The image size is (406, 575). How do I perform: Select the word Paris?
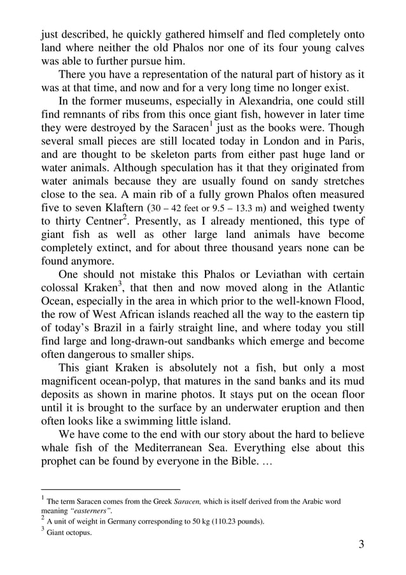pyautogui.click(x=349, y=144)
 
